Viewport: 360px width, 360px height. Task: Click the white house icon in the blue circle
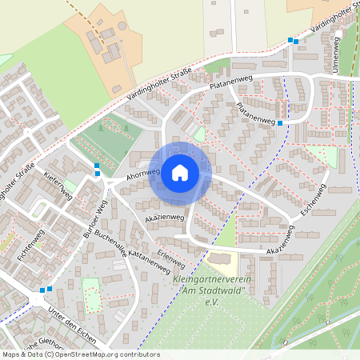point(180,172)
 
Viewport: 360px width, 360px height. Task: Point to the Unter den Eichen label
point(72,324)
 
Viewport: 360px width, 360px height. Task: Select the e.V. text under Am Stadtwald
point(212,302)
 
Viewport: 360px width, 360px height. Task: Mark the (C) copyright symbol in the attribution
point(50,354)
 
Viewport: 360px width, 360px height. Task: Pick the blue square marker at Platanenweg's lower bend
point(280,123)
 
